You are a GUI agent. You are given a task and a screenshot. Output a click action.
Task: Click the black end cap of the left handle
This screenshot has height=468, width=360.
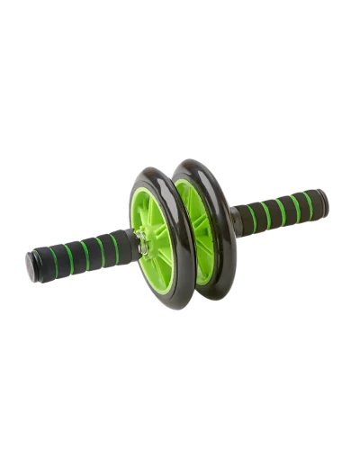(32, 265)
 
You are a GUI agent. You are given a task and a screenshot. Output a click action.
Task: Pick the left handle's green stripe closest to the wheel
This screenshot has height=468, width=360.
(115, 245)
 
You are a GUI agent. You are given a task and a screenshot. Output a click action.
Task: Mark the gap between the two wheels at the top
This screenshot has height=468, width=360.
(171, 170)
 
